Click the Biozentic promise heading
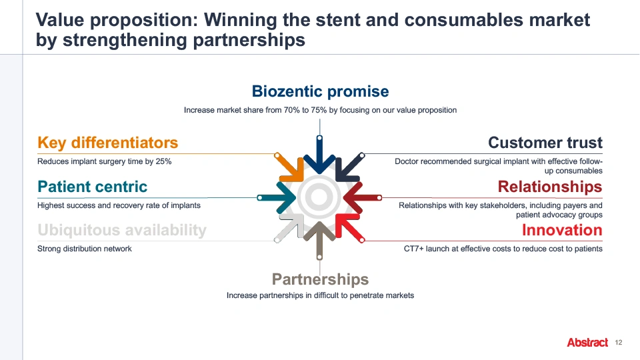click(x=320, y=91)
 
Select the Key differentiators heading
click(x=108, y=143)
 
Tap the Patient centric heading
click(x=92, y=187)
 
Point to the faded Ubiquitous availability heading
click(x=121, y=230)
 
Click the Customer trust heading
click(x=545, y=143)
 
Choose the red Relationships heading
click(x=550, y=187)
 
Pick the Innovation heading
click(x=562, y=230)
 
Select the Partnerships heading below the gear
click(x=320, y=279)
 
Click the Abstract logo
click(x=587, y=343)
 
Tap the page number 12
click(x=619, y=343)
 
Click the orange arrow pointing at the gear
click(x=291, y=168)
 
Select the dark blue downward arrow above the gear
click(x=319, y=155)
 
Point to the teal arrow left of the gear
click(x=277, y=197)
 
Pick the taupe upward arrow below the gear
click(x=319, y=240)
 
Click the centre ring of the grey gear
click(x=319, y=197)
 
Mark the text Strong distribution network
click(x=85, y=249)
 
